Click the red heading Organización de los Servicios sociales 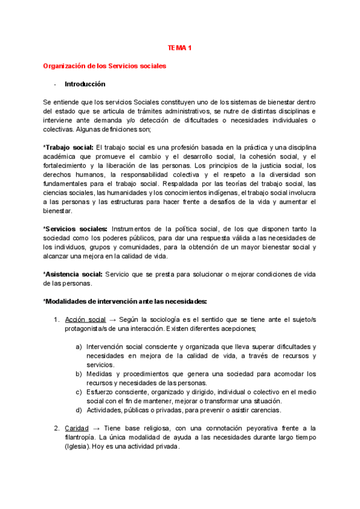click(104, 65)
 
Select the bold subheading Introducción click(85, 84)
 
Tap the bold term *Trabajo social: click(68, 148)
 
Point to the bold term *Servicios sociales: click(76, 229)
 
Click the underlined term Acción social click(85, 319)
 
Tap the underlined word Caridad click(77, 428)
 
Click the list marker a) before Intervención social click(79, 347)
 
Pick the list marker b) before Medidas click(79, 374)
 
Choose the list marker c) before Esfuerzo click(79, 392)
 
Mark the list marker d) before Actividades click(79, 410)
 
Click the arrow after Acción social click(113, 319)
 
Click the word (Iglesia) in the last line click(77, 446)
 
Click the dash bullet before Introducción click(55, 85)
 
